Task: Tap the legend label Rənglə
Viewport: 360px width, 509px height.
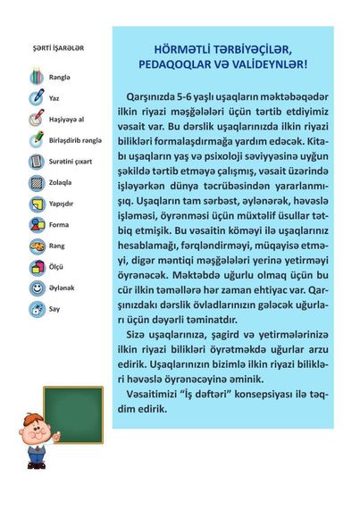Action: pos(60,77)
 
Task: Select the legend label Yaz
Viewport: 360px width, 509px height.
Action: pos(54,96)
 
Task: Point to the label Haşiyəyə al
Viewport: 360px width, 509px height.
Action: pos(65,118)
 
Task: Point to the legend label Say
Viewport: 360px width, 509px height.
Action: pos(54,309)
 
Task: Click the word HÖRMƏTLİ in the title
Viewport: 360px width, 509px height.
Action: pos(181,51)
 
